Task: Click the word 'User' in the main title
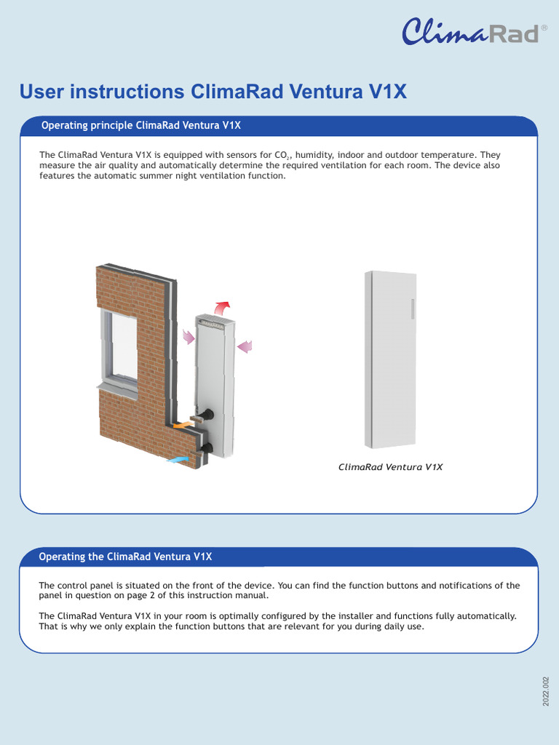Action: click(x=42, y=92)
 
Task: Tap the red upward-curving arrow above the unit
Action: click(x=222, y=306)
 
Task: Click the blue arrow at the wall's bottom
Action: click(x=177, y=460)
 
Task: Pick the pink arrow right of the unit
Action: click(x=245, y=346)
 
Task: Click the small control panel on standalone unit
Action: click(x=412, y=308)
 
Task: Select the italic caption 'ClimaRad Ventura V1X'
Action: click(x=390, y=467)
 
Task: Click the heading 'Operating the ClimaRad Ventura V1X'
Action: click(x=125, y=557)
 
